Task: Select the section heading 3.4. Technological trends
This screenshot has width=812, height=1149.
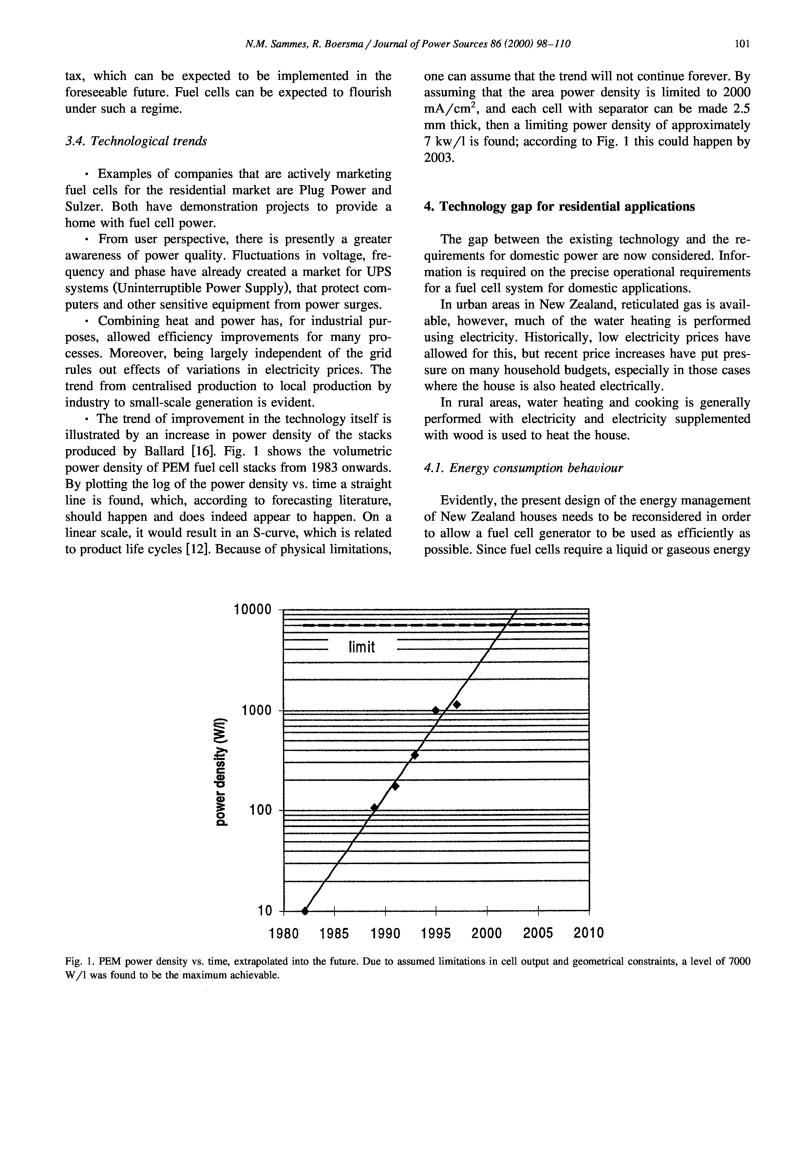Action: (x=136, y=141)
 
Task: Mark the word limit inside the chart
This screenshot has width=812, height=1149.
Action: (x=361, y=648)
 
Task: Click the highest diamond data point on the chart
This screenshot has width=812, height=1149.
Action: (x=456, y=705)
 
